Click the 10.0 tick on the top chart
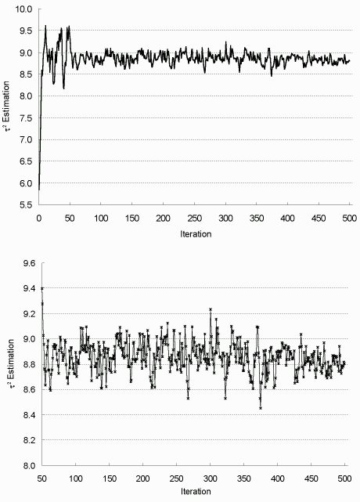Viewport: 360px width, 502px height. (24, 9)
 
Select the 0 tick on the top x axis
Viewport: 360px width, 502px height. (38, 218)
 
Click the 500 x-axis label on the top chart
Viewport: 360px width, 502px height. (350, 218)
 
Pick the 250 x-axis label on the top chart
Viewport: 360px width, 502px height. (195, 218)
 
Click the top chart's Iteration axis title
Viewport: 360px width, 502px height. (196, 234)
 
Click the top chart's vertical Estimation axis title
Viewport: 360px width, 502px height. (6, 107)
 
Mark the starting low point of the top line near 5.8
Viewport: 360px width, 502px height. (39, 190)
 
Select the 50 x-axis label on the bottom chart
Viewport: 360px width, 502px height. (42, 479)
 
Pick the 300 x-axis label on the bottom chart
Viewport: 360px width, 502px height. (211, 479)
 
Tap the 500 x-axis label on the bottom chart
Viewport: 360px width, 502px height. (344, 479)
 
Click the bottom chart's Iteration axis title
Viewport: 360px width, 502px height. (196, 492)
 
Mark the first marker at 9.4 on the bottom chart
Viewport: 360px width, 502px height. (42, 288)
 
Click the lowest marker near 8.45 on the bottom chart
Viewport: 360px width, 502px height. (261, 408)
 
